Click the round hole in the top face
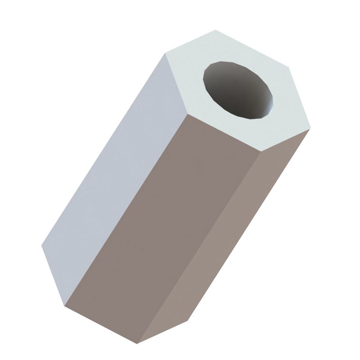click(238, 90)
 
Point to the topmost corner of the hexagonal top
click(216, 30)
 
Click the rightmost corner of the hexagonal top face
click(309, 129)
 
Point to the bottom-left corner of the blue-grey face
click(42, 246)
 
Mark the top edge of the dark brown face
click(222, 131)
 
